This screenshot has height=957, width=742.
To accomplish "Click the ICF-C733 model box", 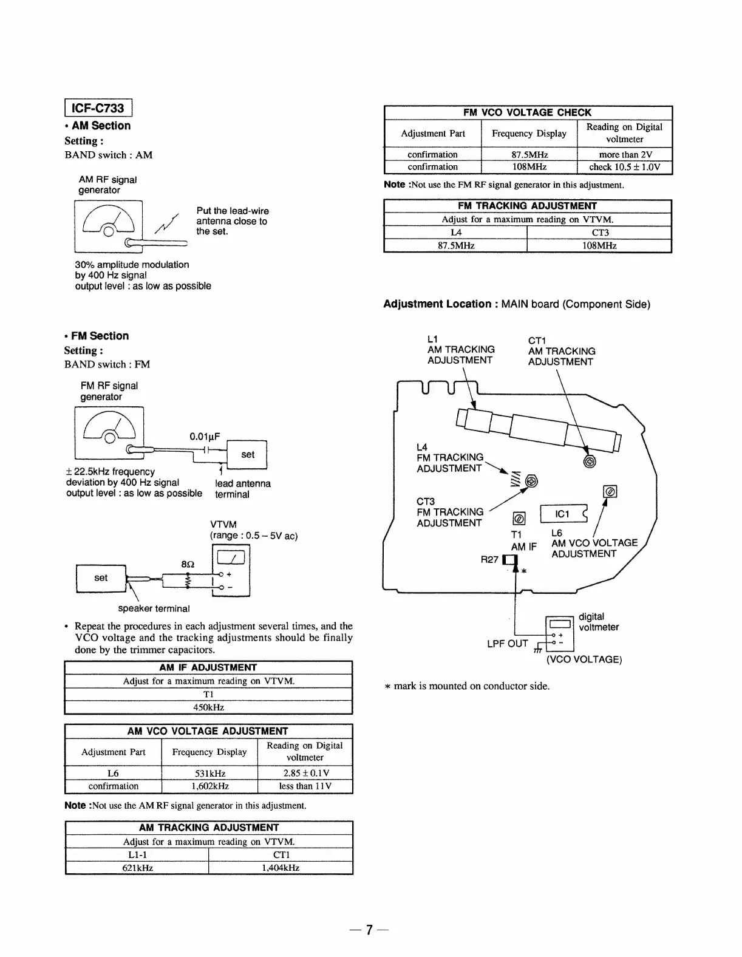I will click(98, 108).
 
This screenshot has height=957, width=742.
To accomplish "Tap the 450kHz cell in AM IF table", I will click(208, 707).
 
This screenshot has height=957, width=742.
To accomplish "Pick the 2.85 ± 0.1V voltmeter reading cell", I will click(305, 773).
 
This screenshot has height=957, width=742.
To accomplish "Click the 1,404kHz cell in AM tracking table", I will click(281, 868).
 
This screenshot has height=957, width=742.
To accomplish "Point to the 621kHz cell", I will click(137, 868).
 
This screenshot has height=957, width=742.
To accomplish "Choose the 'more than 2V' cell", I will click(625, 154).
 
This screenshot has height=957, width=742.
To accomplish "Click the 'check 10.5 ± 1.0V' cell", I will click(625, 167).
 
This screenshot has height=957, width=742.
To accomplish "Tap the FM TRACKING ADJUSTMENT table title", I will click(527, 206).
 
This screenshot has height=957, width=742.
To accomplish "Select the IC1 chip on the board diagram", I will click(563, 514).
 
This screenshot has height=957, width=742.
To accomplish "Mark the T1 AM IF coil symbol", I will click(519, 519).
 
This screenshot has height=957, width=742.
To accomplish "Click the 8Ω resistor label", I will click(188, 564).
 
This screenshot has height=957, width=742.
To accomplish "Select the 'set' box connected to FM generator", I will click(247, 454).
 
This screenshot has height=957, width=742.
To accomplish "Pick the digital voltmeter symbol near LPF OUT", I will click(560, 628).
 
